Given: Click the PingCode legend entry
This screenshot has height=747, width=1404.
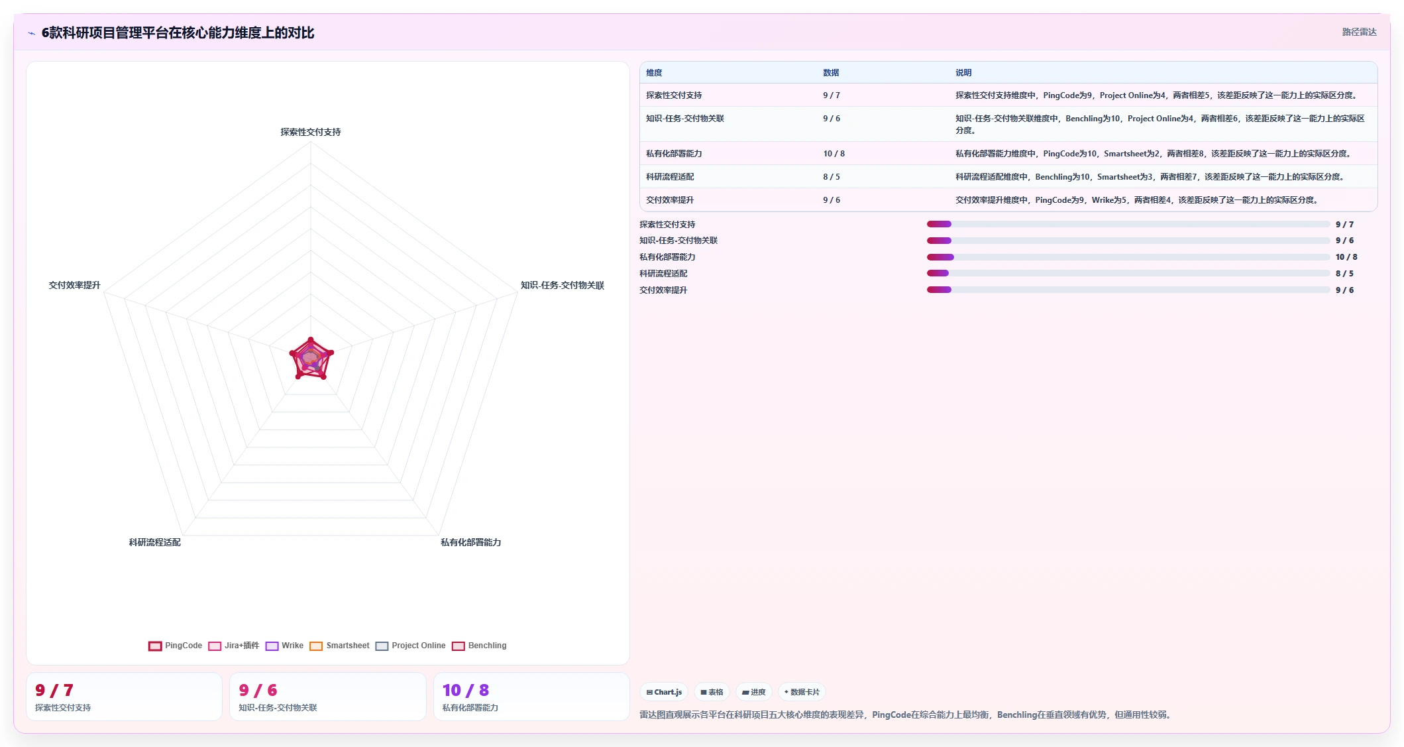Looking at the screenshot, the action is pos(175,646).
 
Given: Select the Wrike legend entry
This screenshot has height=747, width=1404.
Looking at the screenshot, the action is pos(284,646).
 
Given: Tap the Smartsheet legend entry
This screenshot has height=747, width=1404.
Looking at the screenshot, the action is pos(339,646).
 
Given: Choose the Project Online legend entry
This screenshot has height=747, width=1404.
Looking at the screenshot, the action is pos(410,646).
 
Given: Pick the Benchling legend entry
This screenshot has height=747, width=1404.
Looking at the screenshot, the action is pos(479,646).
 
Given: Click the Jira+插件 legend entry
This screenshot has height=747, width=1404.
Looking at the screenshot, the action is pos(233,646).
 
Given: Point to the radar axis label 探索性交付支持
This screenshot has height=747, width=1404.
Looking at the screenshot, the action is pos(311,132).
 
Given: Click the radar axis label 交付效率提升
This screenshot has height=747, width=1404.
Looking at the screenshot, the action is pos(75,285).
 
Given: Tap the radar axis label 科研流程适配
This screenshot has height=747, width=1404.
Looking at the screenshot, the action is pos(155,542).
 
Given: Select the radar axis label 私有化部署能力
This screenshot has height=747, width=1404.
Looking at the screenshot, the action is pos(471,542).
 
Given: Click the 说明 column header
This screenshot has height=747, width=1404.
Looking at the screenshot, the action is pos(963,73).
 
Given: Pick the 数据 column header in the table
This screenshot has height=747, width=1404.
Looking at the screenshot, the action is pos(831,73).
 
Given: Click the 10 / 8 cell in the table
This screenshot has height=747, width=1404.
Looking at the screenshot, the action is pos(834,154).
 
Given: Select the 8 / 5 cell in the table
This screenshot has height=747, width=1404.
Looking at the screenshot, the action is pos(832,177).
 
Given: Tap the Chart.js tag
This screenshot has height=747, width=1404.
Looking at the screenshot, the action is pos(664,692).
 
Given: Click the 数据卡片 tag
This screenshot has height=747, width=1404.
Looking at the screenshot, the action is pos(802,692).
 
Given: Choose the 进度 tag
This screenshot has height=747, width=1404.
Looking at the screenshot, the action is pos(754,692).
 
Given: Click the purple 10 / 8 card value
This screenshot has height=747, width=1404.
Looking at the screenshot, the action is pos(466,690).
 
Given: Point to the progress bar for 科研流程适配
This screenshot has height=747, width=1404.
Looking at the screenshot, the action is pos(1128,273).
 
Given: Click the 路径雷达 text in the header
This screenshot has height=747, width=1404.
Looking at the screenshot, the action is pos(1360,32).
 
